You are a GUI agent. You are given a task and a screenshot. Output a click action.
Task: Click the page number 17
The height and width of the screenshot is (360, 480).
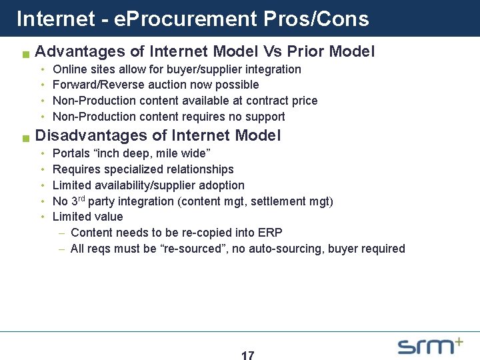coord(247,356)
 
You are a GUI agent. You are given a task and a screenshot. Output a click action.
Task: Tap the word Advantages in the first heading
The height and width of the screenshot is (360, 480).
coord(80,51)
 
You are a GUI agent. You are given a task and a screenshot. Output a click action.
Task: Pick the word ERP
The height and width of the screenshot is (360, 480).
coord(271,233)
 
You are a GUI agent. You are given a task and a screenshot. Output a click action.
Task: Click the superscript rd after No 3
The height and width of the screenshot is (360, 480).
coord(83,198)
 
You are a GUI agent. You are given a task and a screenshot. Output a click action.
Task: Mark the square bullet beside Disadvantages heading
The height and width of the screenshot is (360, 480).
coord(25,138)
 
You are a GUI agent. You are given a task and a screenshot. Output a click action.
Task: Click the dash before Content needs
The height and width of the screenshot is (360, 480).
coord(62,233)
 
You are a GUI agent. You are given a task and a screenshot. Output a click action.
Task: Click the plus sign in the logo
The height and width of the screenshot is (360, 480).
coord(458,342)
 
